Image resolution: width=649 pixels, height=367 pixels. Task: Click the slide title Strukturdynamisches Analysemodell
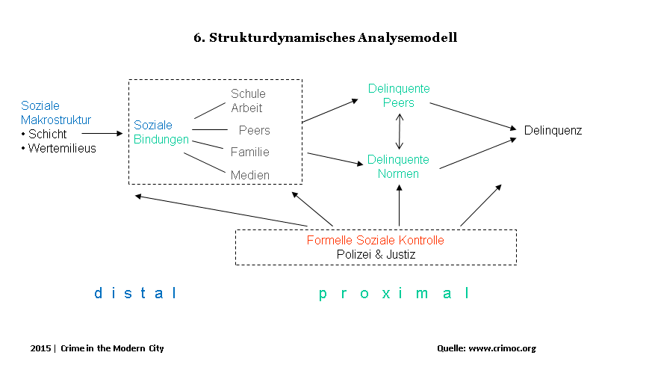coord(325,37)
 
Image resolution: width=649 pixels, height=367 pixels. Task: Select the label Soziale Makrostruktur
coord(56,113)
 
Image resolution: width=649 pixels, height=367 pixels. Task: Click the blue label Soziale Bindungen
coord(161,132)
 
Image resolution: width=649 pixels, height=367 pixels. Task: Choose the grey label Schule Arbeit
coord(247,101)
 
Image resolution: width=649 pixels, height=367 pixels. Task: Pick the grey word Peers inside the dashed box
coord(254,131)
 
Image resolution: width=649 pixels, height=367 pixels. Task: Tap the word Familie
coord(250,152)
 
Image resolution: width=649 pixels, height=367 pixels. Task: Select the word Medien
coord(250,175)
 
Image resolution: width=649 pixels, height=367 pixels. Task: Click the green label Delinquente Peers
coord(399,96)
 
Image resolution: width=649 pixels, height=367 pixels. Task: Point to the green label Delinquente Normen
coord(398,167)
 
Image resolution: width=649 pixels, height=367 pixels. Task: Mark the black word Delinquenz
coord(553,131)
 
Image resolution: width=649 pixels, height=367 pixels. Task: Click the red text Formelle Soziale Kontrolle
coord(375,241)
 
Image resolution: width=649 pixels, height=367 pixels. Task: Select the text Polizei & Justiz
coord(376,255)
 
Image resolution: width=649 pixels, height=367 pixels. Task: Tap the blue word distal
coord(135,294)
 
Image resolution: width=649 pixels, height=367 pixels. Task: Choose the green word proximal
coord(394,294)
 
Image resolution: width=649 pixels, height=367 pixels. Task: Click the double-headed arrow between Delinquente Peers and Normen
coord(400,131)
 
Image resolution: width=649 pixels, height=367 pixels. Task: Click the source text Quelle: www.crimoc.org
coord(486,348)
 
